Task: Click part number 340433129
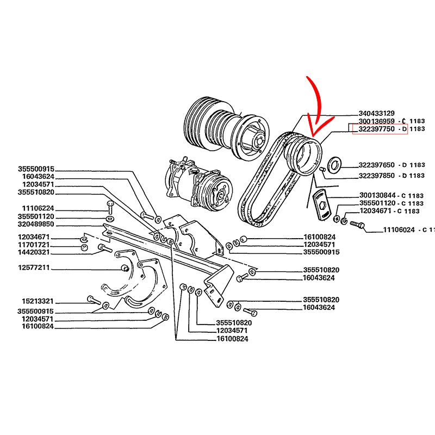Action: [x=376, y=113]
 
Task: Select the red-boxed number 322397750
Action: [x=376, y=129]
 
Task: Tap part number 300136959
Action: [x=376, y=121]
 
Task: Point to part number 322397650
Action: [x=376, y=165]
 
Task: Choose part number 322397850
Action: [x=376, y=176]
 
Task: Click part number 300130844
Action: [x=377, y=196]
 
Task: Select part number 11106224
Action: [x=38, y=208]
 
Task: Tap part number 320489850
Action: [x=36, y=224]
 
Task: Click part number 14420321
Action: [x=34, y=252]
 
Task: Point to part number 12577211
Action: [x=34, y=268]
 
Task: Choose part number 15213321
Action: [x=38, y=301]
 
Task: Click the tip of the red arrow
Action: [x=313, y=135]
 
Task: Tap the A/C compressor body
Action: [x=199, y=182]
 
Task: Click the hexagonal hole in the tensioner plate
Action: [x=321, y=206]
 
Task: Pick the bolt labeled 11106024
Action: [x=357, y=225]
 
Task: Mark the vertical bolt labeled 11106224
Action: [x=110, y=207]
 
